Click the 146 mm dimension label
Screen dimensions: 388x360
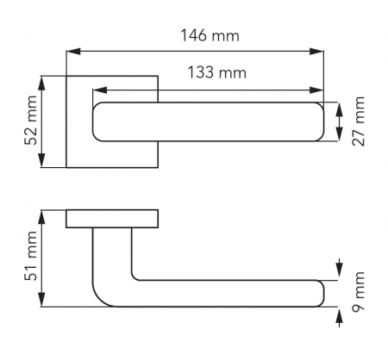210,35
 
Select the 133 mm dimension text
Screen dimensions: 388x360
217,72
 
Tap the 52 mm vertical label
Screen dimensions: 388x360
31,121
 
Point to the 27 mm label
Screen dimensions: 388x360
359,121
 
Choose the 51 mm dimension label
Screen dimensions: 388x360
31,256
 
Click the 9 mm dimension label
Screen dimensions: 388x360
359,292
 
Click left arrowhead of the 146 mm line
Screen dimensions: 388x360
73,52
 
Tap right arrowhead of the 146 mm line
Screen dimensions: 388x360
316,52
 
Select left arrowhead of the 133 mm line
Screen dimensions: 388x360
100,90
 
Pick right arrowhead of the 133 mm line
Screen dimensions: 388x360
316,90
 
